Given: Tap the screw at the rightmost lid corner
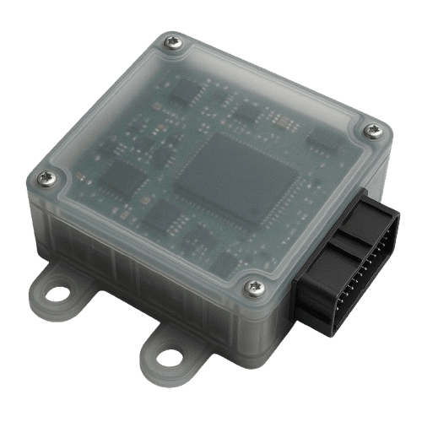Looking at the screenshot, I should (372, 129).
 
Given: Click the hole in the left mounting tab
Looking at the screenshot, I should (57, 295).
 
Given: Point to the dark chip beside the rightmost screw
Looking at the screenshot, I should (322, 139).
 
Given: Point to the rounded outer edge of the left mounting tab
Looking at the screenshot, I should (38, 295).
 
